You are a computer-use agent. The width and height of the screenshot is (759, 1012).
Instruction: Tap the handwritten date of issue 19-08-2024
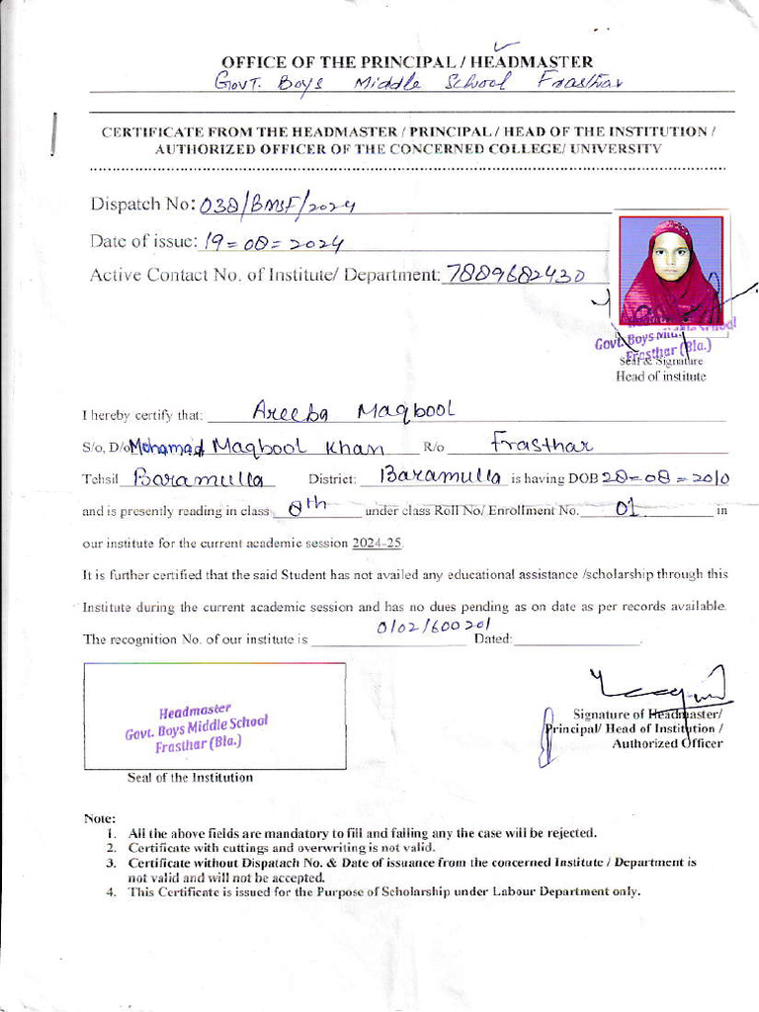pyautogui.click(x=274, y=242)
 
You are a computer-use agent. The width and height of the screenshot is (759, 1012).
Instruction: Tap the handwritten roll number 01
pyautogui.click(x=625, y=509)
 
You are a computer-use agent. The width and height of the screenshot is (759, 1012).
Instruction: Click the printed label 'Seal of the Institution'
pyautogui.click(x=190, y=778)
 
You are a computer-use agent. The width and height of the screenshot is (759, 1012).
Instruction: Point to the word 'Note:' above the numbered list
pyautogui.click(x=101, y=818)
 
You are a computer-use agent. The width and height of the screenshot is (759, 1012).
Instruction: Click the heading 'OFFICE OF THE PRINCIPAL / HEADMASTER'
pyautogui.click(x=407, y=62)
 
